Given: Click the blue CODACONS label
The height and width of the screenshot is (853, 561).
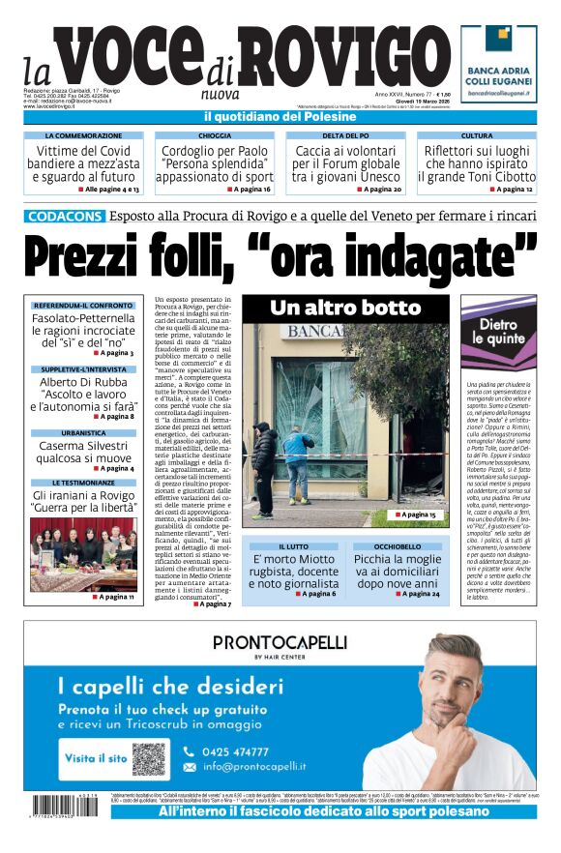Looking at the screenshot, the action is point(65,216).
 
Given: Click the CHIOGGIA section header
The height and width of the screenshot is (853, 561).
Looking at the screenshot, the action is point(215,136).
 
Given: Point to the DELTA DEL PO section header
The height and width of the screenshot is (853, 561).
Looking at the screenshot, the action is point(345,136).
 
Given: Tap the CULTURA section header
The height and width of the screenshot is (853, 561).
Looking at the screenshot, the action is point(476,136).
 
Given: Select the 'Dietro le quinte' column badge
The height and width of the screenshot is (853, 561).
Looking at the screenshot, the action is point(498,334).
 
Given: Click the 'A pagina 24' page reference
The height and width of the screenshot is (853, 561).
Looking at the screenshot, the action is point(417,593).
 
